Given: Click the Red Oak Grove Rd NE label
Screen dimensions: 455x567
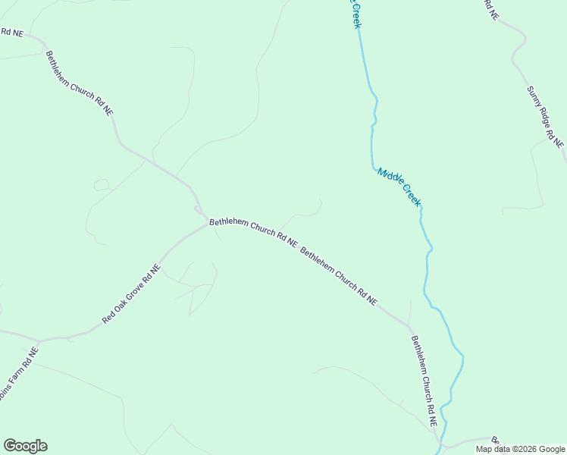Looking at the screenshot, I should [131, 295].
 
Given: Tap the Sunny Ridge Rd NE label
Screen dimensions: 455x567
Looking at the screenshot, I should [546, 117].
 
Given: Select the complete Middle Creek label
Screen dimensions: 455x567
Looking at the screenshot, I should [399, 187].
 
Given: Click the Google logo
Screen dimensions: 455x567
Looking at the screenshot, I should [25, 446].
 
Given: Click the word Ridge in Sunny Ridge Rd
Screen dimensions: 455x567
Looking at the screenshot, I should [545, 115].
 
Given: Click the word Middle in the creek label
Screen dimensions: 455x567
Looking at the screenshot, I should [390, 179].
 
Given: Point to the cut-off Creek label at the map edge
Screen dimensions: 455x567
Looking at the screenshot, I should [355, 14].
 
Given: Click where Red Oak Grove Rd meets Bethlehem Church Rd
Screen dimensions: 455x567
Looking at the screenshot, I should [205, 223].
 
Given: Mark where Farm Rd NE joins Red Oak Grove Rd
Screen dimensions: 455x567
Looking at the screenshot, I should [38, 340].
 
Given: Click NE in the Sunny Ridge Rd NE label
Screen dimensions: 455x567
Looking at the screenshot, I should [559, 141].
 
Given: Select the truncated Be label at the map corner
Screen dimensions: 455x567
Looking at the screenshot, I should [495, 441].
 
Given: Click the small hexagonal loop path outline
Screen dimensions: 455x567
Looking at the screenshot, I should [101, 184].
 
